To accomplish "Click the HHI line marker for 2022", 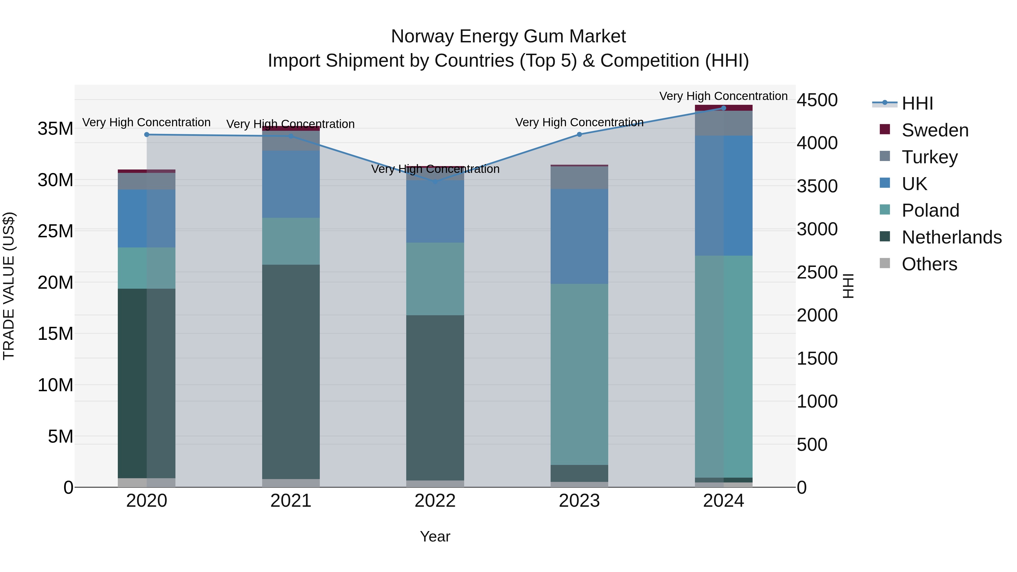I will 435,182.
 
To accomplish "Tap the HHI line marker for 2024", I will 723,108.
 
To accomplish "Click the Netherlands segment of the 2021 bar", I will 291,371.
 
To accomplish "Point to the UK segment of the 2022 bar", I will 435,211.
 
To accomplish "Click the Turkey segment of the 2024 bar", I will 723,123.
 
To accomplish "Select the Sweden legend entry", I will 935,130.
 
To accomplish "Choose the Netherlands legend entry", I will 951,237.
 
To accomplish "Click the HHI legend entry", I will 917,103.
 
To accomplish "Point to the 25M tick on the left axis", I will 55,231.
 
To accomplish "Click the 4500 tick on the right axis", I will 817,100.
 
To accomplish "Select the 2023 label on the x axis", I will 579,501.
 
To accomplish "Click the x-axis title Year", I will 435,536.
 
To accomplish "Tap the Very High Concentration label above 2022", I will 435,169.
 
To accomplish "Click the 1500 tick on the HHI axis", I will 817,358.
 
